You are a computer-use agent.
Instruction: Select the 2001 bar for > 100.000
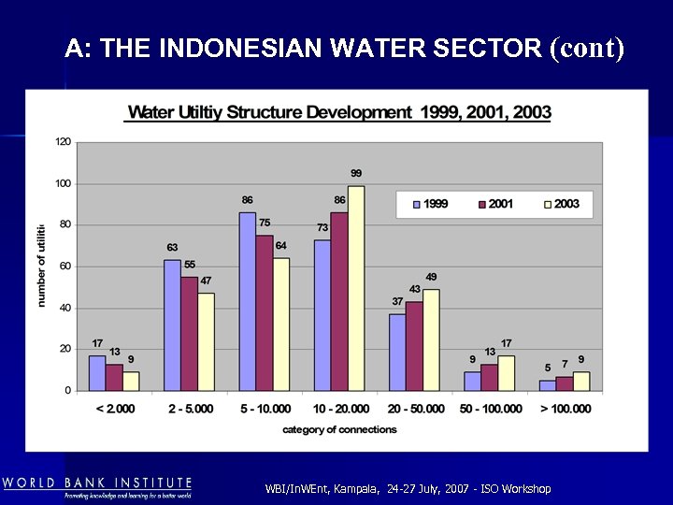click(564, 383)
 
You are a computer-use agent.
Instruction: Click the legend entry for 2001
click(495, 204)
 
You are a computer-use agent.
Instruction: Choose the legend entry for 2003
click(560, 204)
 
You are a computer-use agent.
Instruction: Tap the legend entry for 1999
click(428, 204)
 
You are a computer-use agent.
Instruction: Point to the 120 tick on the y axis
click(64, 142)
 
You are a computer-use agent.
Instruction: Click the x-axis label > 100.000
click(565, 409)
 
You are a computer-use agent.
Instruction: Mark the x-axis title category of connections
click(339, 429)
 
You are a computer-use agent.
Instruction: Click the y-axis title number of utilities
click(41, 266)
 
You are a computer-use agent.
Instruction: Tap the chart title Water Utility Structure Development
click(339, 112)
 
